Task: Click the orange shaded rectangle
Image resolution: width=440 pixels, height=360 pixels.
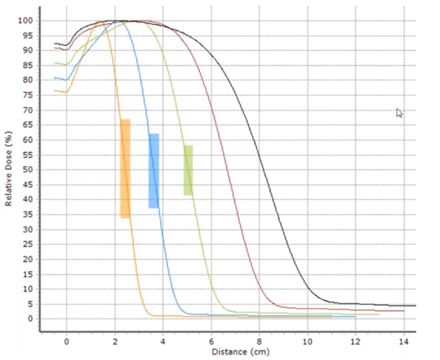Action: point(125,169)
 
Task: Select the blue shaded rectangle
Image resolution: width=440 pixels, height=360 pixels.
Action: point(153,171)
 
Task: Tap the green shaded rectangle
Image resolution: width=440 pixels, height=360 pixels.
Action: point(188,170)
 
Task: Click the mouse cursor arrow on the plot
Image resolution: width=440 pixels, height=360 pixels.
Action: point(399,112)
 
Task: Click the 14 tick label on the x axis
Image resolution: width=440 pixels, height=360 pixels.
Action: point(404,341)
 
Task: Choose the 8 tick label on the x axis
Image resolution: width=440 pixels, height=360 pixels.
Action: point(259,341)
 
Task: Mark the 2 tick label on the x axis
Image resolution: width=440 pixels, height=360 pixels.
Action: point(115,341)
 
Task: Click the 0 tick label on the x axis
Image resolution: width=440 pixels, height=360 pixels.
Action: point(67,341)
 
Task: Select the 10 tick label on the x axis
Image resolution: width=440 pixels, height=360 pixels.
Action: point(307,341)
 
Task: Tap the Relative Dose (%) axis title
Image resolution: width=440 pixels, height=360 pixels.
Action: point(9,169)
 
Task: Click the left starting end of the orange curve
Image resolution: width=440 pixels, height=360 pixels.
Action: point(55,90)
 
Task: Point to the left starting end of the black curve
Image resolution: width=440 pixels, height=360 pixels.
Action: point(55,43)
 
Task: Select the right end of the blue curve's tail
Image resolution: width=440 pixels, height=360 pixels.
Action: point(355,317)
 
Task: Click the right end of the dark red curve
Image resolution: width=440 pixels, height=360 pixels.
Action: point(403,311)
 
